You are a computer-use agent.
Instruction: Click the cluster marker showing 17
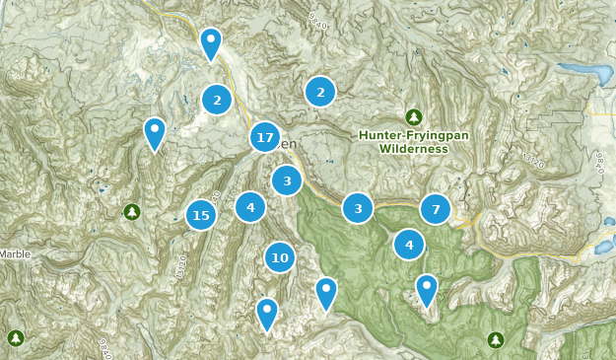tap(264, 138)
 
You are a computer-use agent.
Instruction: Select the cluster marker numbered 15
tap(201, 214)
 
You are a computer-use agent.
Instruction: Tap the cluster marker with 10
tap(280, 257)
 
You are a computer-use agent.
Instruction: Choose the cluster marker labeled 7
tap(436, 209)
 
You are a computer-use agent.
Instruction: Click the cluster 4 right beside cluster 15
tap(250, 207)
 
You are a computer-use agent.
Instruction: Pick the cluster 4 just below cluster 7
tap(409, 244)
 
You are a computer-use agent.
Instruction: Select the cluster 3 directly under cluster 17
tap(287, 180)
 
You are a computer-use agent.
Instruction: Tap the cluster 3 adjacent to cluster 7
tap(358, 208)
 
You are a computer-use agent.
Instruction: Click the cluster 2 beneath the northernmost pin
tap(216, 99)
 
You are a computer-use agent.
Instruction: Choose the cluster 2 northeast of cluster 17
tap(319, 92)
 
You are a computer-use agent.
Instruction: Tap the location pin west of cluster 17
tap(155, 133)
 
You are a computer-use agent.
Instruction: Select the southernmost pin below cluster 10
tap(266, 314)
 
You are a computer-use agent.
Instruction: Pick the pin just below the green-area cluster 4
tap(426, 289)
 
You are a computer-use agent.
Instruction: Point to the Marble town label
tap(15, 253)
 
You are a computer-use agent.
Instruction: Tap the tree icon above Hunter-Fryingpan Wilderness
tap(414, 116)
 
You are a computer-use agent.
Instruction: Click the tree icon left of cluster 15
tap(132, 211)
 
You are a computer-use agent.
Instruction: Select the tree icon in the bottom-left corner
tap(16, 338)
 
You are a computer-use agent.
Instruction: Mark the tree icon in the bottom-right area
tap(495, 340)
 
